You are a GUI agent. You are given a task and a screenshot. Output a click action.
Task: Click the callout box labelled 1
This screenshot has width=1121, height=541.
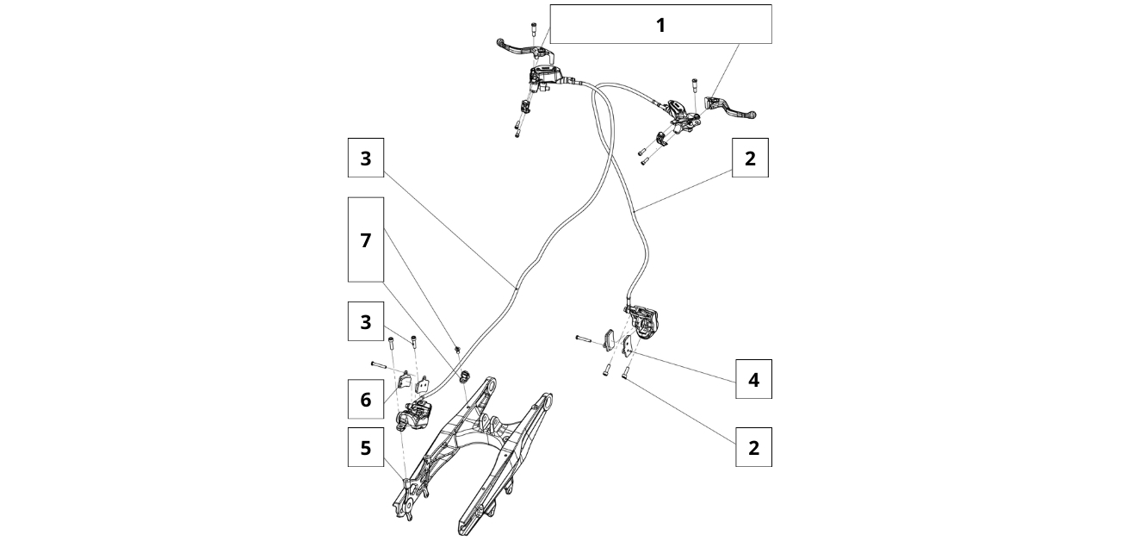[x=660, y=25]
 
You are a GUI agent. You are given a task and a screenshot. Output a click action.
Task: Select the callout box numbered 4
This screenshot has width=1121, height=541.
[x=753, y=379]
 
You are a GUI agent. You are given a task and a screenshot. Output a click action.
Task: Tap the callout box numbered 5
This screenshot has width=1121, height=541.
[x=366, y=449]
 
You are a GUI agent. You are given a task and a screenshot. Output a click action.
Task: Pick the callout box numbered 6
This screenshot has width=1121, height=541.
[x=366, y=400]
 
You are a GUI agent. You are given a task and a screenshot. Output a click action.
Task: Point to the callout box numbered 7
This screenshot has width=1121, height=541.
[x=366, y=239]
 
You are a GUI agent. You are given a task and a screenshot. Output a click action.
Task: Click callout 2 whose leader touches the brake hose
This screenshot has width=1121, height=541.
[x=750, y=159]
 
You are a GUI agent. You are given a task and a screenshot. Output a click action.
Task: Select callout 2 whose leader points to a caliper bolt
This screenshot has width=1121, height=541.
[x=753, y=448]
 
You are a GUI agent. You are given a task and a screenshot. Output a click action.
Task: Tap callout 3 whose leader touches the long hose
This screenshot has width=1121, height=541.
[x=366, y=159]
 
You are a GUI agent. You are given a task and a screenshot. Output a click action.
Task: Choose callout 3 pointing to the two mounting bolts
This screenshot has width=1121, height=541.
[x=366, y=322]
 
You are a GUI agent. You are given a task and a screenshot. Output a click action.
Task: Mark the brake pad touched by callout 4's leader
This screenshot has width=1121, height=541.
[x=629, y=345]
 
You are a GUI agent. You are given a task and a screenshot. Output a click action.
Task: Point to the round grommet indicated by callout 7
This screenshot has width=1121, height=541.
[x=466, y=375]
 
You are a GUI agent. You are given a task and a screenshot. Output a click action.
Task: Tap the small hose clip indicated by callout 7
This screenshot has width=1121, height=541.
[x=457, y=348]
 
